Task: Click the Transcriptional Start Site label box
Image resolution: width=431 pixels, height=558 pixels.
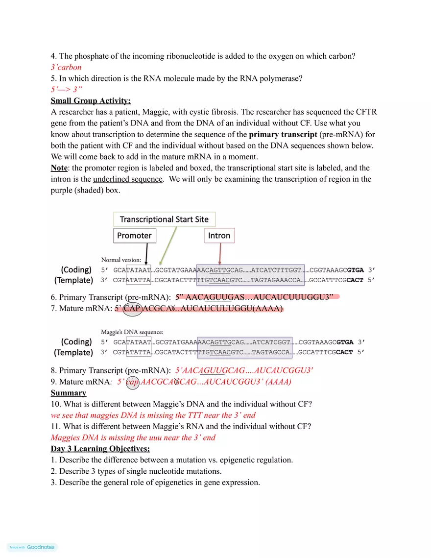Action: pyautogui.click(x=164, y=219)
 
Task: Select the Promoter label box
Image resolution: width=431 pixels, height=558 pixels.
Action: pyautogui.click(x=135, y=236)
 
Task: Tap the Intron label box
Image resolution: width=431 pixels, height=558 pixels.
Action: pyautogui.click(x=219, y=236)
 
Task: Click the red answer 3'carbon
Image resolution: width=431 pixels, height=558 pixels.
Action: pyautogui.click(x=66, y=68)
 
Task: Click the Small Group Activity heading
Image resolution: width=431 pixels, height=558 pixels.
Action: pyautogui.click(x=91, y=101)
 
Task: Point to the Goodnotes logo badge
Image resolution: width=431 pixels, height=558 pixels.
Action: pyautogui.click(x=32, y=547)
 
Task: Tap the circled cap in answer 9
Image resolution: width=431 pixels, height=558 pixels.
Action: pyautogui.click(x=132, y=382)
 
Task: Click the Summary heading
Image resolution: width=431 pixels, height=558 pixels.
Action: pyautogui.click(x=69, y=393)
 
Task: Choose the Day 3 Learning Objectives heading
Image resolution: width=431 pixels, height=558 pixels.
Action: pyautogui.click(x=100, y=449)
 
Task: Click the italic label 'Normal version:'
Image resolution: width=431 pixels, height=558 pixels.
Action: pyautogui.click(x=121, y=260)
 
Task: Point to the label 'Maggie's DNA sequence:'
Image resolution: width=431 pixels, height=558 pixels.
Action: pyautogui.click(x=132, y=332)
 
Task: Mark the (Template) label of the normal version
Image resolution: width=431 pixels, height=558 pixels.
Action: pyautogui.click(x=73, y=280)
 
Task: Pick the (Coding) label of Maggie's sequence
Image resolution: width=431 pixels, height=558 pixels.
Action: pyautogui.click(x=76, y=341)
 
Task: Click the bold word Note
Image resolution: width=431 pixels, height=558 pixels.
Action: pyautogui.click(x=59, y=168)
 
